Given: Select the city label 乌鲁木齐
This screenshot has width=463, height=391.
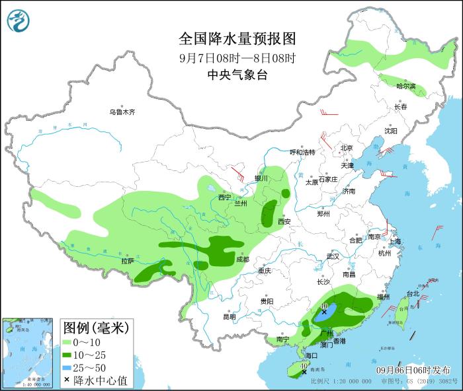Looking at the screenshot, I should pos(122,112).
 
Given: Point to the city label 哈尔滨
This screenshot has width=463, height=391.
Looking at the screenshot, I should pos(405,87).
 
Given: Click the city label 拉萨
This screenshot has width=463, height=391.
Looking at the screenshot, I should pos(128,261).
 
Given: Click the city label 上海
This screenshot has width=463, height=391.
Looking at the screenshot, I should pos(396,242).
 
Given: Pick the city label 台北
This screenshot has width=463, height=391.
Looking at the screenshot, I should pos(412,293).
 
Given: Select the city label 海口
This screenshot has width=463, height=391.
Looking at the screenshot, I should pos(310,355).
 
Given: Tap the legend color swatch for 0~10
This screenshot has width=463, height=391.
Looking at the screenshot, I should pos(67,342).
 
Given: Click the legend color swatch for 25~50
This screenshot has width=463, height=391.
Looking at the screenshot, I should pos(67,367).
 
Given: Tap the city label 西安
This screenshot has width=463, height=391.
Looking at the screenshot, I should pos(284,222).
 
